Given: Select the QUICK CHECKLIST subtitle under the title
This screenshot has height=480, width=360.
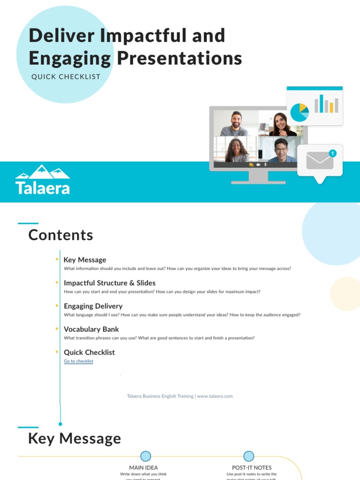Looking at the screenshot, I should (66, 76).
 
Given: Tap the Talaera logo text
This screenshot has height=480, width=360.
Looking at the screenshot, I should (43, 188).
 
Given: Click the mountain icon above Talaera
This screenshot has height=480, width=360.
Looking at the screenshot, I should (43, 172).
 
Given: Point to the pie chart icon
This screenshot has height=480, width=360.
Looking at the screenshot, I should (299, 112).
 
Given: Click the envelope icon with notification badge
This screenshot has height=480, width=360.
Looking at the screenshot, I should (320, 161).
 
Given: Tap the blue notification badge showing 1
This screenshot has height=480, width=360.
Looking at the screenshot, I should (332, 153).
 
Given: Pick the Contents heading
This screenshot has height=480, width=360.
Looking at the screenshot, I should (60, 235).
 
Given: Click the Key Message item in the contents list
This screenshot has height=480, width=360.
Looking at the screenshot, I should (85, 260).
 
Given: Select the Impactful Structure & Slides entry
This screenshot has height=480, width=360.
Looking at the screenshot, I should (109, 283).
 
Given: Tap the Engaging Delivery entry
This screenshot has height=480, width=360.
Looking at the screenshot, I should (93, 306).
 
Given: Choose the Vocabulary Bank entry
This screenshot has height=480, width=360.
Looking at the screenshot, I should (91, 329).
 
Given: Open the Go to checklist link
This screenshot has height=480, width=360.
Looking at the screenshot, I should (78, 361).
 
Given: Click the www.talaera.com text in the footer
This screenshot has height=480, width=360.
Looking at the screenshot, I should (215, 396).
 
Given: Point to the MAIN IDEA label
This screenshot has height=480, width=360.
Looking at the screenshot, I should (143, 467).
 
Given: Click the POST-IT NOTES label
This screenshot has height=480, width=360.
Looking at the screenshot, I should (252, 467).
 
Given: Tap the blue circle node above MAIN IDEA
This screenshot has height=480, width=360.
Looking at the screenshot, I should (146, 456).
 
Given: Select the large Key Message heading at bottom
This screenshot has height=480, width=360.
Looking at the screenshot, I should (75, 439).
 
